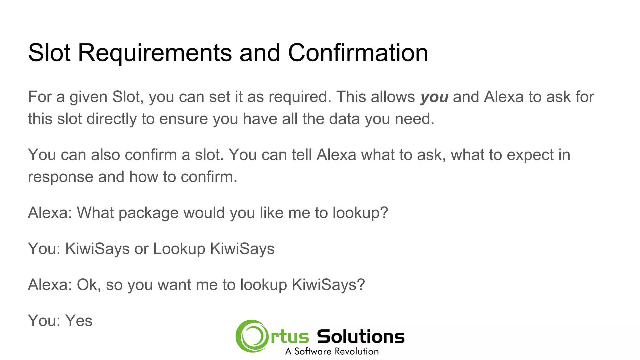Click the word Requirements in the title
click(155, 53)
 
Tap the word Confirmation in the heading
click(358, 53)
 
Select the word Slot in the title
click(49, 53)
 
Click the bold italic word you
click(434, 97)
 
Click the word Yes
click(79, 321)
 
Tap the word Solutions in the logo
click(361, 337)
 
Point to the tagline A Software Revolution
click(332, 352)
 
